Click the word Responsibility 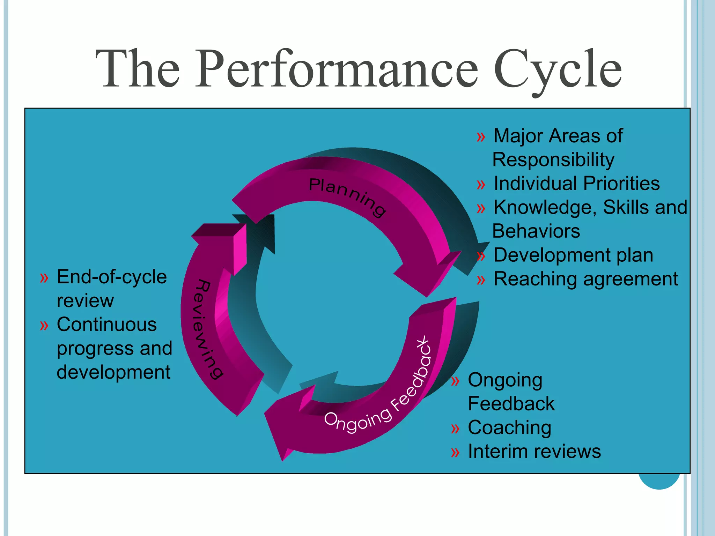point(553,160)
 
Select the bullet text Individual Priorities point(576,184)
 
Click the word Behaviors point(536,231)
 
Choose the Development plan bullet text point(573,255)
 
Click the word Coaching point(509,428)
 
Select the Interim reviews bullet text point(534,452)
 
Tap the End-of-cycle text point(112,277)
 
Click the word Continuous point(106,325)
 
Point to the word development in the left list point(113,372)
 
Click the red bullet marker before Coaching point(455,429)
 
